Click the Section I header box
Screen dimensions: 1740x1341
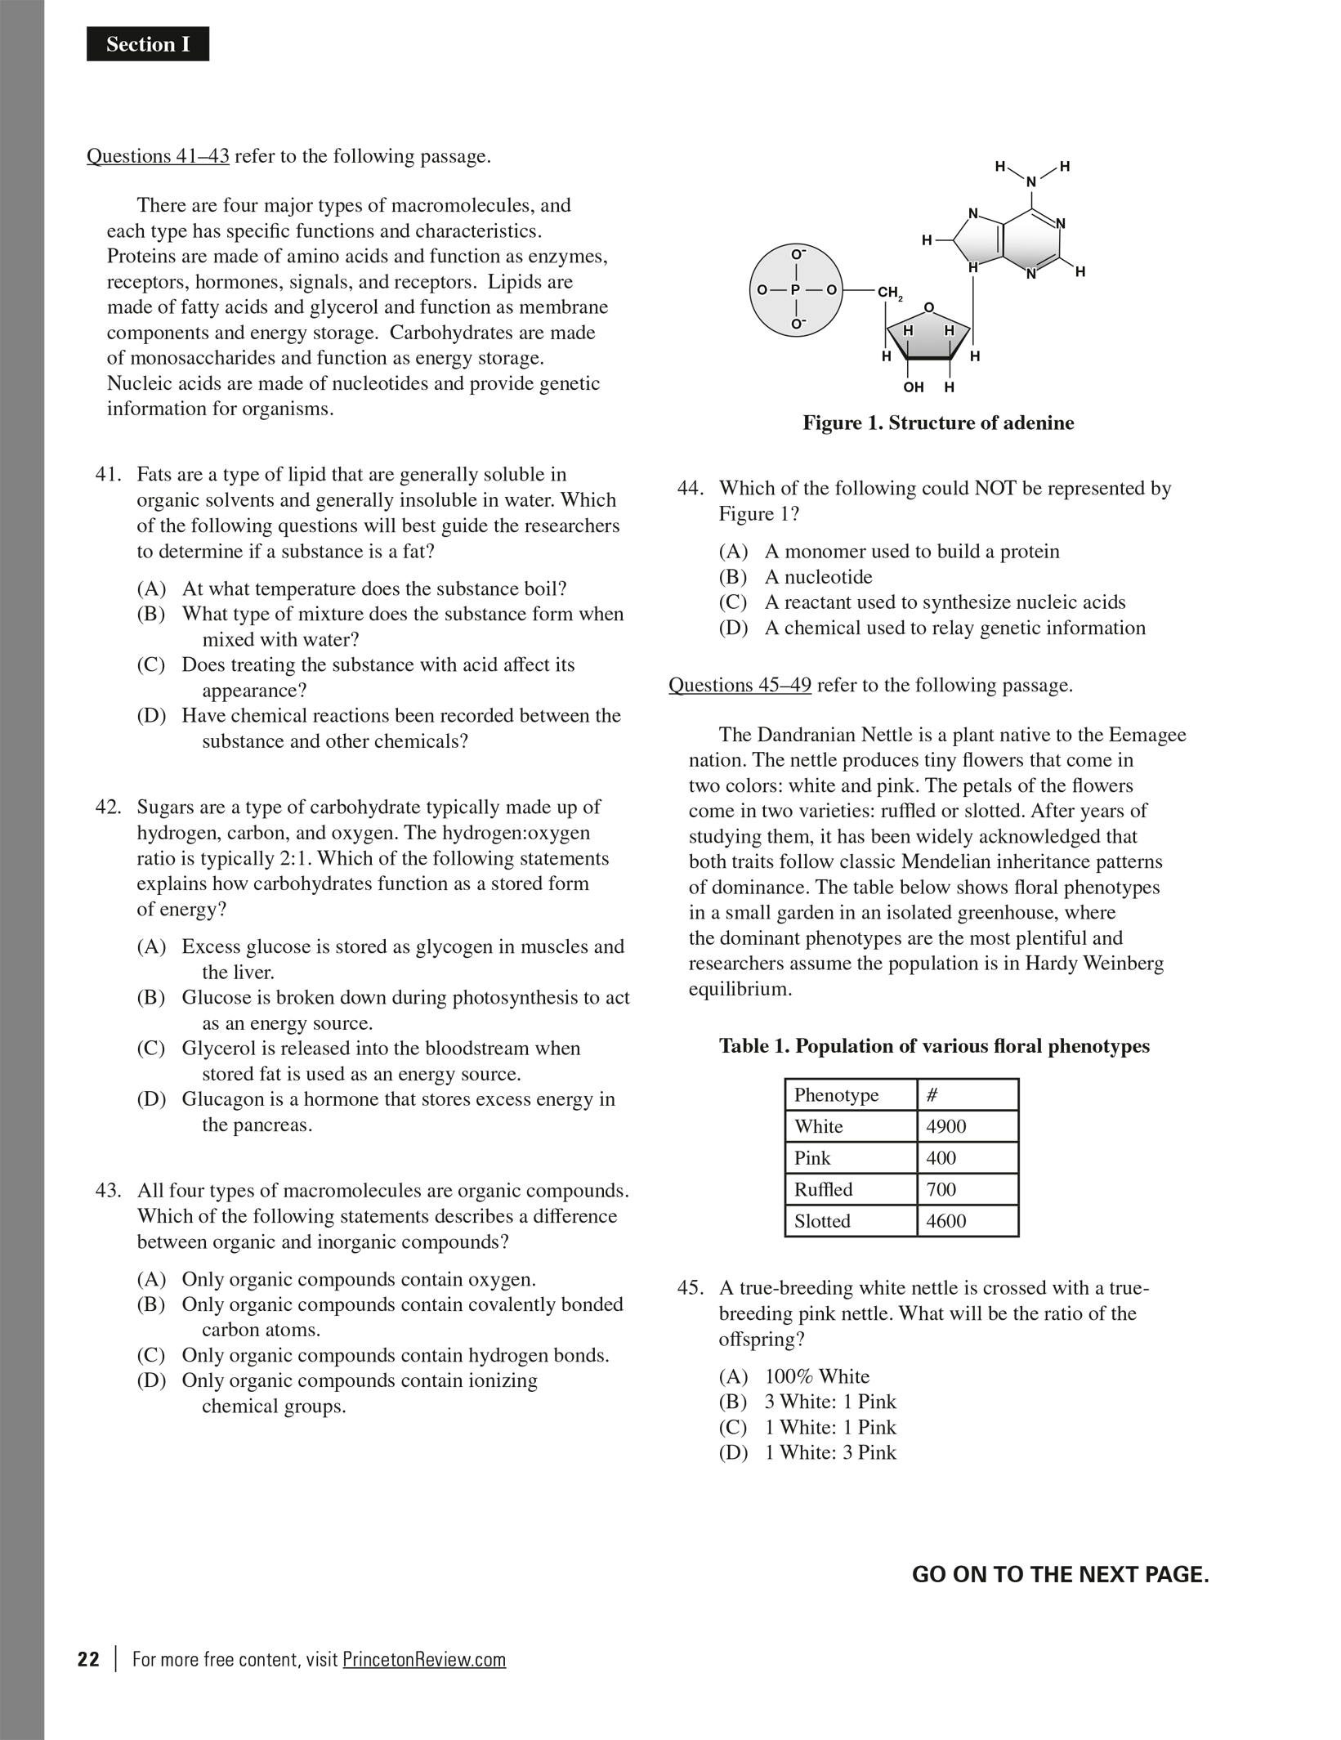click(148, 44)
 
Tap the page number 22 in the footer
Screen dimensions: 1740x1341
click(89, 1660)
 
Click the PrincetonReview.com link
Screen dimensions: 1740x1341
click(424, 1660)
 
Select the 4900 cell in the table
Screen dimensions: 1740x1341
click(946, 1126)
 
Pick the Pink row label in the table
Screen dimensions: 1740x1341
click(812, 1158)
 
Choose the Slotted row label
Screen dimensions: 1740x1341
click(822, 1221)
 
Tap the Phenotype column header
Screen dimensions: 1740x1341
click(836, 1095)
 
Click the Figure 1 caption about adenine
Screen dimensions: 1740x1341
click(938, 423)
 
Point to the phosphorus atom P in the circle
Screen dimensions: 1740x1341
click(795, 289)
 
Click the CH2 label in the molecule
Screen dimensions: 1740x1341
click(889, 292)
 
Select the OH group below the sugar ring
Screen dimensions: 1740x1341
click(914, 387)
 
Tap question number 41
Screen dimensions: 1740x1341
click(108, 474)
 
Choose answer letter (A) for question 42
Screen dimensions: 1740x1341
click(151, 946)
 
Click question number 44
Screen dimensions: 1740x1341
click(690, 488)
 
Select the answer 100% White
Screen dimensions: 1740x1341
click(816, 1376)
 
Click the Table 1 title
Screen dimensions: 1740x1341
click(934, 1046)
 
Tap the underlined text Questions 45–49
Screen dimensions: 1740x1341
click(740, 685)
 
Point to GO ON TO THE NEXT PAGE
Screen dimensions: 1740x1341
click(1060, 1575)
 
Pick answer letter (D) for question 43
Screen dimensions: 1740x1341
click(151, 1380)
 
